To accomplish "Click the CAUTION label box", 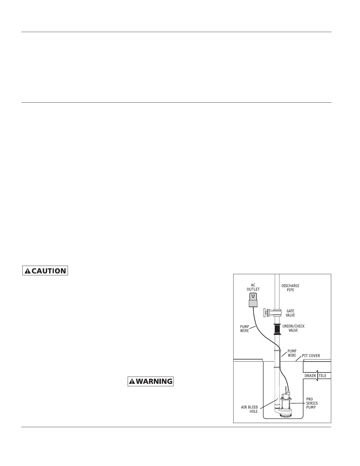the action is click(45, 271).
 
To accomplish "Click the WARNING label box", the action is click(151, 382).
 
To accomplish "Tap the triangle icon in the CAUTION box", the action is click(27, 271).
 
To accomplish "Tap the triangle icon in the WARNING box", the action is click(132, 382).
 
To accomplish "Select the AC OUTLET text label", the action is click(253, 287).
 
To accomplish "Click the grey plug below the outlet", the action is click(253, 303).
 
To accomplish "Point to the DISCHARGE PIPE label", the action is click(290, 288).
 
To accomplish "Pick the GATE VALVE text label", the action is click(290, 313).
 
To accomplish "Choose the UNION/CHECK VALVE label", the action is click(293, 328).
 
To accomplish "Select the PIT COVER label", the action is click(311, 356).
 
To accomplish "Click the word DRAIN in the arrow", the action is click(310, 376).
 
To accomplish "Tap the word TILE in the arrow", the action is click(323, 376).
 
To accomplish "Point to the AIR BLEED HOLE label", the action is click(249, 409).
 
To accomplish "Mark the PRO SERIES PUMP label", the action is click(312, 403).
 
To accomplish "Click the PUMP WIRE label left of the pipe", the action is click(244, 329).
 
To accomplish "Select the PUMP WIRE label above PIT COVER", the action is click(292, 353).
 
